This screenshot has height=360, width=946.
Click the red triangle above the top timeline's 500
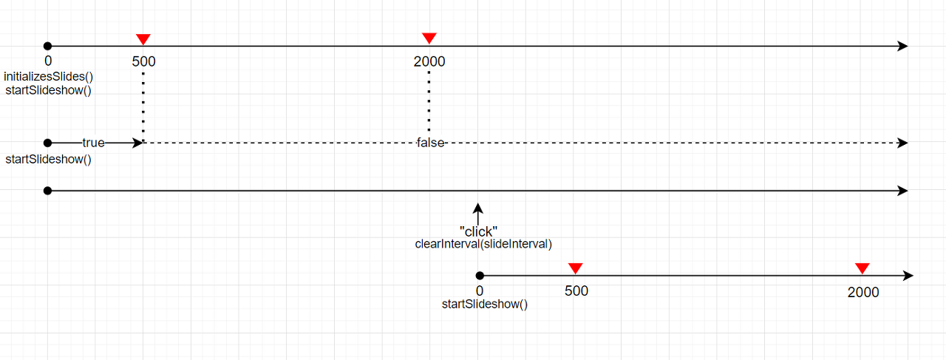(x=143, y=39)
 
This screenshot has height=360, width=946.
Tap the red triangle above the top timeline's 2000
(x=429, y=38)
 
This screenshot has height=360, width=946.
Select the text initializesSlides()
(x=49, y=77)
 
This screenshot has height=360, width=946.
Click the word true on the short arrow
(x=93, y=143)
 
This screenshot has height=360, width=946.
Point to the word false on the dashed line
(x=430, y=143)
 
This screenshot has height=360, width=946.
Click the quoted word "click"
(x=478, y=231)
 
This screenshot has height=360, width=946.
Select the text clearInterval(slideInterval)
(x=483, y=244)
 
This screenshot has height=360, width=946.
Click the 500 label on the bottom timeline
(x=576, y=291)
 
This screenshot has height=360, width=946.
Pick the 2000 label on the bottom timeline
(x=863, y=292)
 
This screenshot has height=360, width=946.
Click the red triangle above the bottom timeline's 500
(x=576, y=268)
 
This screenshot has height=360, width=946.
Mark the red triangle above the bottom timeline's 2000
(x=862, y=268)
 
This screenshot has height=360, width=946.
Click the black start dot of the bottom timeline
(x=480, y=276)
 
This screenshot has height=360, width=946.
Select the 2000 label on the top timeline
(x=429, y=62)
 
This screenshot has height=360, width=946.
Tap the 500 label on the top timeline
(x=144, y=62)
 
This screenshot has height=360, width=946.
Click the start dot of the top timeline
(x=48, y=46)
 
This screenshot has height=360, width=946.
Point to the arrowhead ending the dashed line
(x=902, y=143)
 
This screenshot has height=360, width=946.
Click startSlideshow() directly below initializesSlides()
(x=49, y=90)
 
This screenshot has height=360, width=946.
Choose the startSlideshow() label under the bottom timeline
(x=485, y=304)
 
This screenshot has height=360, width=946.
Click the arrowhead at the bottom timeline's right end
(x=908, y=276)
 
